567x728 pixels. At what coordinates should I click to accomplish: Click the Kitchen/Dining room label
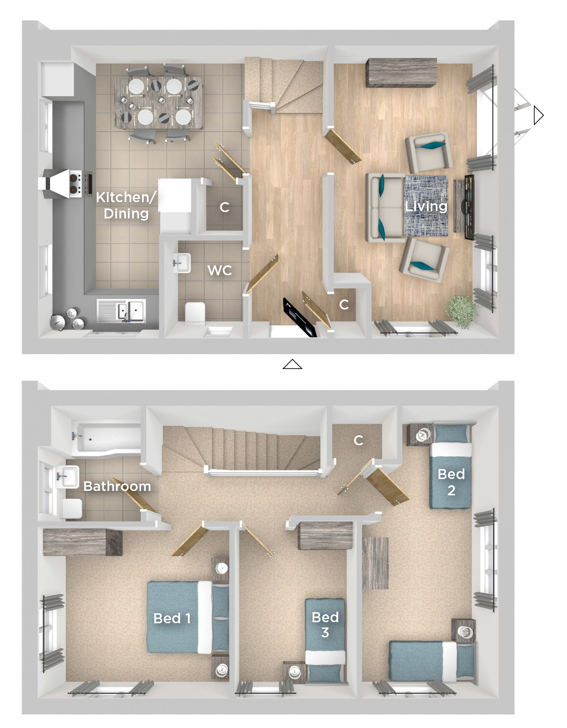tap(126, 205)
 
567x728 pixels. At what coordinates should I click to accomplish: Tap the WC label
tap(220, 271)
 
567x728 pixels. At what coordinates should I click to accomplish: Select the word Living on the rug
tap(426, 206)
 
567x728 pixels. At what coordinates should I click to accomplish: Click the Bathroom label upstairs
tap(117, 486)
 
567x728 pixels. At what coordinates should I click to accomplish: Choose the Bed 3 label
tap(325, 625)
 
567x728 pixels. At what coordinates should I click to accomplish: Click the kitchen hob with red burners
tap(75, 184)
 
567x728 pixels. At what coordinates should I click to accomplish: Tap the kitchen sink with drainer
tap(121, 311)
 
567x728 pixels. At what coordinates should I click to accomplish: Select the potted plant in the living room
tap(461, 312)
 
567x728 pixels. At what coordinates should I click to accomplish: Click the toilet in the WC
tap(195, 314)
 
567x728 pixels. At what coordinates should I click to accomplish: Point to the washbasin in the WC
tap(182, 263)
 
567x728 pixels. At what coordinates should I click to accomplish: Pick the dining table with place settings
tap(158, 103)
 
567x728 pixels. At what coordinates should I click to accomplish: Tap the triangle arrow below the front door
tap(292, 364)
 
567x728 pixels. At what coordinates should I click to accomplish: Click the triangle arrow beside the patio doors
tap(539, 116)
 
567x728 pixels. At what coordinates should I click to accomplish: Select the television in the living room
tap(469, 207)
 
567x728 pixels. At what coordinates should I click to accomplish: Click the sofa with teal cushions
tap(385, 208)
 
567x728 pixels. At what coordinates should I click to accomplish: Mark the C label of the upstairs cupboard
tap(359, 440)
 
